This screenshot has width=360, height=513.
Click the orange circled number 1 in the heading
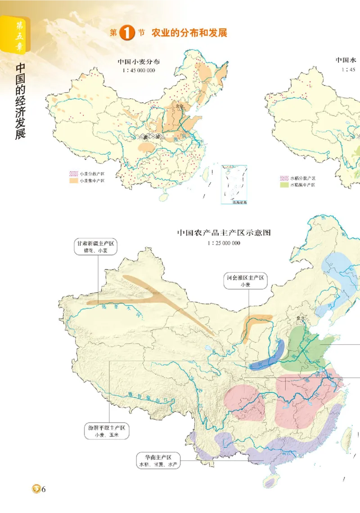(127, 33)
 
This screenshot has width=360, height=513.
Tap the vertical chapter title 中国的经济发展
(20, 101)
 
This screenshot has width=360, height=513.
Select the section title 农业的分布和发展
(189, 33)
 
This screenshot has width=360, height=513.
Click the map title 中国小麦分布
(139, 62)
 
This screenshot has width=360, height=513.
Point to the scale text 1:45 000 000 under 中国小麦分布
(139, 70)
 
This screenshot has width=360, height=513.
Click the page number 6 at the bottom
(44, 490)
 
